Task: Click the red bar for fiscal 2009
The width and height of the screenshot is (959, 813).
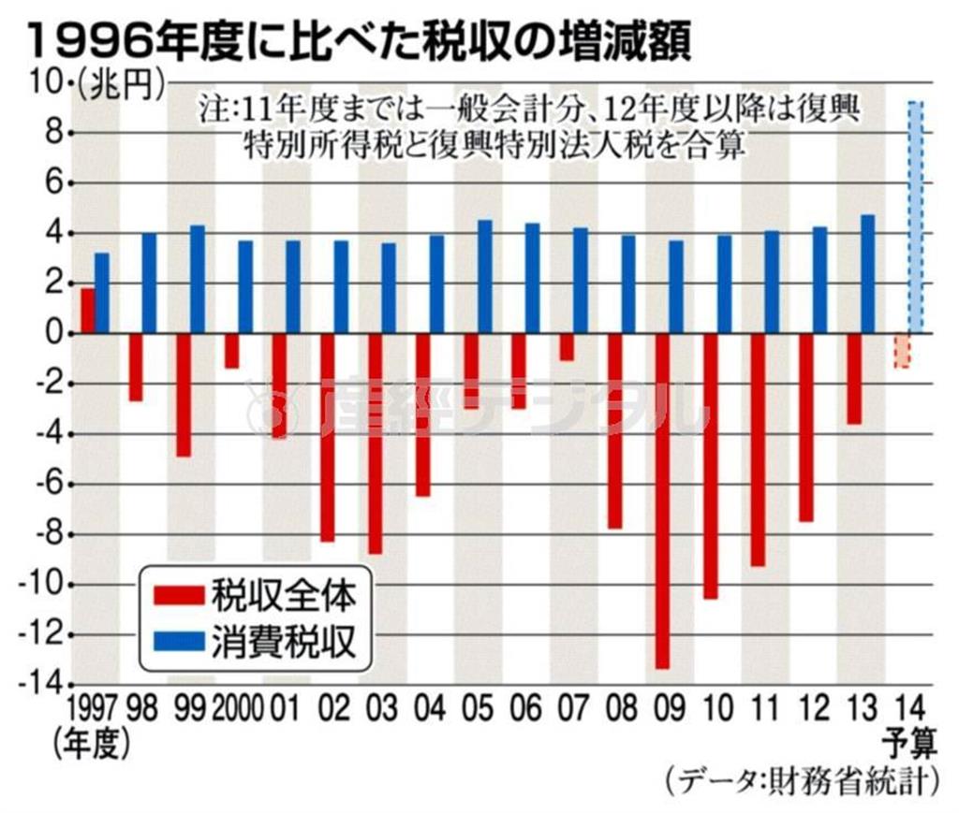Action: click(x=662, y=501)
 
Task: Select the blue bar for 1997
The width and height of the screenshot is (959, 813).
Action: click(x=102, y=293)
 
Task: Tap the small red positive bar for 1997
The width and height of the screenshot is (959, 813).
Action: click(x=87, y=311)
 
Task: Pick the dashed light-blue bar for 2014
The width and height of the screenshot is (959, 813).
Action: click(x=916, y=217)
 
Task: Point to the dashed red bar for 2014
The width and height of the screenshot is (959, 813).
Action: click(x=901, y=350)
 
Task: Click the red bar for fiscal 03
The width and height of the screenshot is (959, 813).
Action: click(x=375, y=443)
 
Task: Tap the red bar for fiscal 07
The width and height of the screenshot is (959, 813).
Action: click(x=566, y=347)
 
